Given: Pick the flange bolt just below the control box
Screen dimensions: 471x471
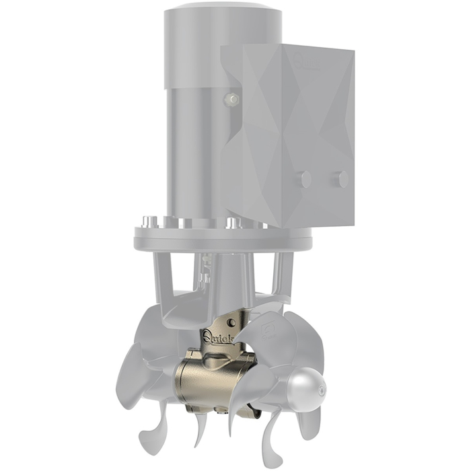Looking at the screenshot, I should (233, 223).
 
